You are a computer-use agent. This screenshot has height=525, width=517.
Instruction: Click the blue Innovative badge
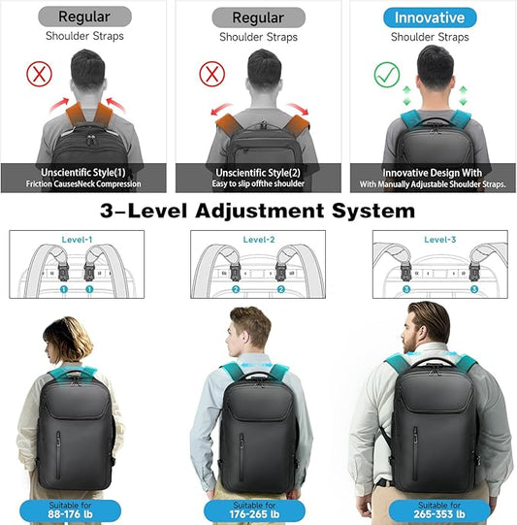(429, 17)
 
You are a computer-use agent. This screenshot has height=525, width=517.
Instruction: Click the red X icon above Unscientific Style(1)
(38, 74)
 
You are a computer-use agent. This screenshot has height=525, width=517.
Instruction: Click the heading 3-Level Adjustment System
(259, 210)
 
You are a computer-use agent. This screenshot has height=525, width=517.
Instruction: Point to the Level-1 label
(75, 239)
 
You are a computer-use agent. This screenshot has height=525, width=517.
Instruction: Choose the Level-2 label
(258, 239)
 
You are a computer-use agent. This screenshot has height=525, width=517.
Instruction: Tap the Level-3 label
(441, 239)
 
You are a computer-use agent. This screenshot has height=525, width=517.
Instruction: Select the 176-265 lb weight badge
(258, 509)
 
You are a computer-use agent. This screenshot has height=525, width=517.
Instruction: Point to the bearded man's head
(429, 328)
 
